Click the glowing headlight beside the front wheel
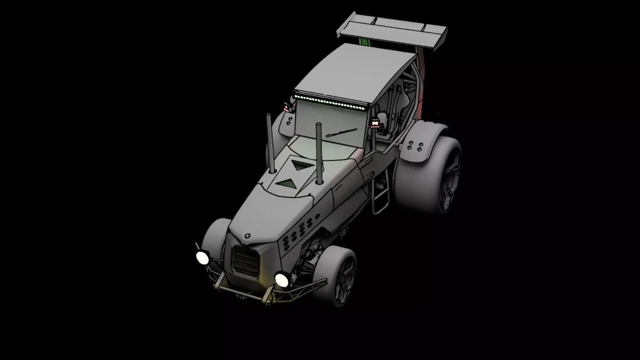[x=282, y=279]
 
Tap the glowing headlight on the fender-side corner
[x=202, y=257]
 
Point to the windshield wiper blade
[x=342, y=132]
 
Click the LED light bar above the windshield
[x=330, y=102]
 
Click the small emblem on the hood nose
[x=247, y=236]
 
